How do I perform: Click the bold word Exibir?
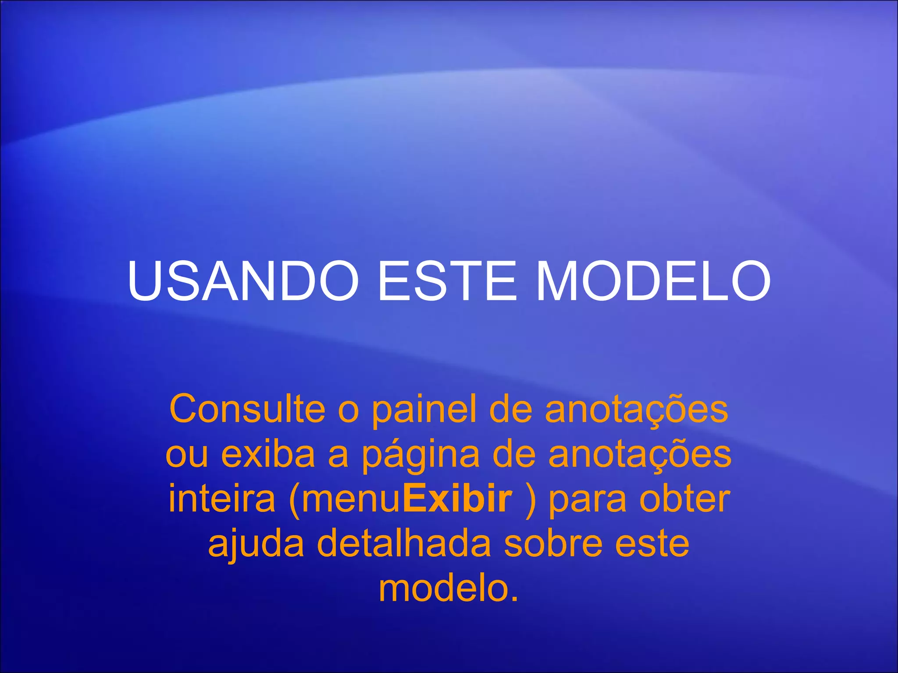coord(457,499)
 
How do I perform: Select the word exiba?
coord(268,454)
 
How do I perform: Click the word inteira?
coord(222,499)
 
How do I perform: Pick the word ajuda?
coord(256,545)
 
